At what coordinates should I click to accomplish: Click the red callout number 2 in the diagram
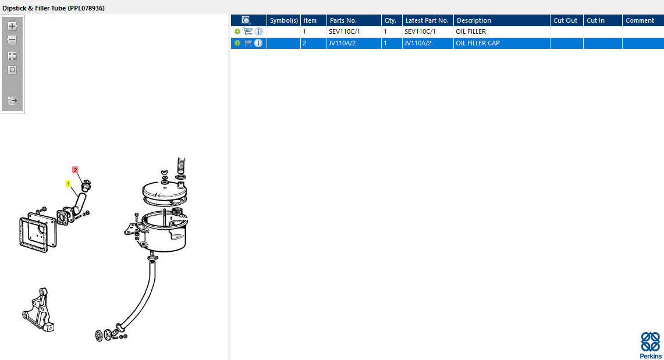click(x=75, y=170)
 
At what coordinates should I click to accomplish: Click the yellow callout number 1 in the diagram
click(x=68, y=184)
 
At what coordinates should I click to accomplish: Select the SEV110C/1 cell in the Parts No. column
click(x=354, y=32)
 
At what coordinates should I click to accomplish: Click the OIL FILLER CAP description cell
click(x=502, y=43)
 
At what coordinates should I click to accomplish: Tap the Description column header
click(x=502, y=20)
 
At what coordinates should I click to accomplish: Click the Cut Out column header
click(x=567, y=20)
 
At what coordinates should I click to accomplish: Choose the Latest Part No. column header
click(x=428, y=20)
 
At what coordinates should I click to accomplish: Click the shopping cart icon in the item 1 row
click(x=248, y=31)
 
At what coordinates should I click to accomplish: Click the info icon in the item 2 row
click(x=258, y=43)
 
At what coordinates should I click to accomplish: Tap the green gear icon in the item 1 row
click(x=237, y=32)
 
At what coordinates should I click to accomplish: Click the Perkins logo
click(x=651, y=345)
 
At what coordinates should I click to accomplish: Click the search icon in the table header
click(x=246, y=20)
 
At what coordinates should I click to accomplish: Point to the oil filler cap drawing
click(x=86, y=186)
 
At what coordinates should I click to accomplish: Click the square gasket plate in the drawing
click(x=38, y=233)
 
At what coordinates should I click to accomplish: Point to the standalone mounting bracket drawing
click(x=38, y=309)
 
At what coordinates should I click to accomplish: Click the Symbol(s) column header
click(x=284, y=20)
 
